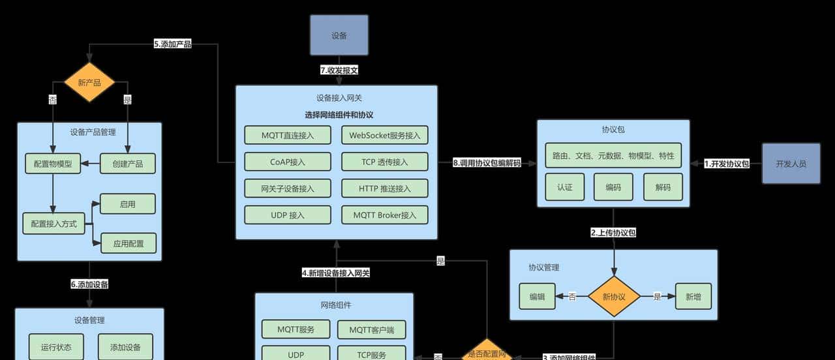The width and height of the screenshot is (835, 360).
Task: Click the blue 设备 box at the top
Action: pyautogui.click(x=339, y=35)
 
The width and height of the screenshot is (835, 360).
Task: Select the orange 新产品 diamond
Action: pyautogui.click(x=89, y=83)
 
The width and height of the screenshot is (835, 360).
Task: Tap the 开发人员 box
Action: pyautogui.click(x=791, y=164)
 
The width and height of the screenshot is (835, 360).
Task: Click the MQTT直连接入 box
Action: pyautogui.click(x=288, y=136)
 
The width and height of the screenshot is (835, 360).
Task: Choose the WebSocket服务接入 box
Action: pyautogui.click(x=384, y=136)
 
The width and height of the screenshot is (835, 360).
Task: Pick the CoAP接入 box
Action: pyautogui.click(x=288, y=162)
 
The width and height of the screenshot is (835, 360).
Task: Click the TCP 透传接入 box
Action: pyautogui.click(x=384, y=162)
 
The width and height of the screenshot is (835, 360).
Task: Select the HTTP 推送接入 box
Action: pyautogui.click(x=384, y=188)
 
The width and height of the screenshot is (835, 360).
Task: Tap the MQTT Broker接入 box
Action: pyautogui.click(x=384, y=215)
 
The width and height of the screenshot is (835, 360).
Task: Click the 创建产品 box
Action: pyautogui.click(x=127, y=164)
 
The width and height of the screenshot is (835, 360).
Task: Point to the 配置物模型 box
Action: pyautogui.click(x=53, y=164)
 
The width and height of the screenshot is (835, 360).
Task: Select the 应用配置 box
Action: pyautogui.click(x=128, y=243)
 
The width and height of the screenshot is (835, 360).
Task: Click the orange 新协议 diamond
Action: pyautogui.click(x=613, y=296)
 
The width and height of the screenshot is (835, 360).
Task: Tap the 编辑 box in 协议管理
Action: pyautogui.click(x=537, y=296)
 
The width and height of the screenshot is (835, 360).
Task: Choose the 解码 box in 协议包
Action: pyautogui.click(x=663, y=187)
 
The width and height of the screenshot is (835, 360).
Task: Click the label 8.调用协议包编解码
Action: pyautogui.click(x=487, y=163)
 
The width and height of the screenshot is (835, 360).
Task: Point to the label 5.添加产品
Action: pyautogui.click(x=172, y=44)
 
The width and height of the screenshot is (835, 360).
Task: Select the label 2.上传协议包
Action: pyautogui.click(x=613, y=232)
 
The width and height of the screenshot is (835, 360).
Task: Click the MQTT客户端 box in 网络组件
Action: pyautogui.click(x=371, y=329)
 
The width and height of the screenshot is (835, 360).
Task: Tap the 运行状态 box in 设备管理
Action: pyautogui.click(x=56, y=346)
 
